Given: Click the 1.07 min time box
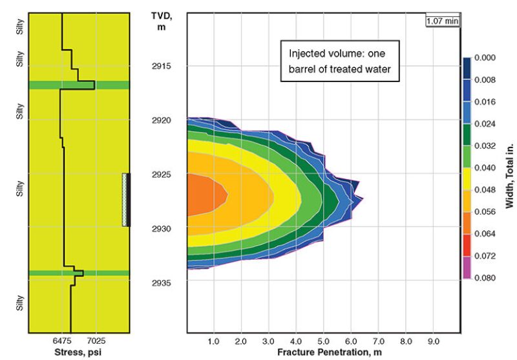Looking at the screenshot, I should (442, 21).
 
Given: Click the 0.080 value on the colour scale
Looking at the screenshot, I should (484, 278).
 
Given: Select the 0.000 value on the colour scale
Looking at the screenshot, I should (484, 58).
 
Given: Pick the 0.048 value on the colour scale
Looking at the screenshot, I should (484, 190).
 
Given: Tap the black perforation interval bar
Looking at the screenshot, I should (127, 199).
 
